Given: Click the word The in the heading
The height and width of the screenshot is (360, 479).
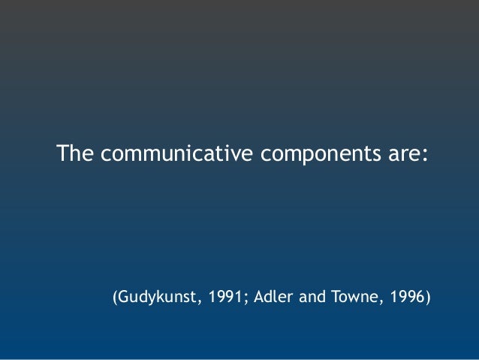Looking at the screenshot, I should (x=76, y=154).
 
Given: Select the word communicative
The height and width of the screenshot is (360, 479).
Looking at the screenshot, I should (x=178, y=154).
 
